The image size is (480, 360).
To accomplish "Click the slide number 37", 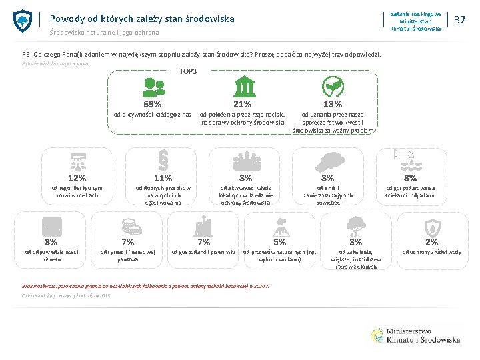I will click(459, 20).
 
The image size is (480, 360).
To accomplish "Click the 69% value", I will click(153, 104).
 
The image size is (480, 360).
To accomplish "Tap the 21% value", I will click(242, 104).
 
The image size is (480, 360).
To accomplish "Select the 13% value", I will click(332, 104).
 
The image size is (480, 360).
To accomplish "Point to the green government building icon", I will click(243, 87).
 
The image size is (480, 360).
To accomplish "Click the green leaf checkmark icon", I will click(332, 87).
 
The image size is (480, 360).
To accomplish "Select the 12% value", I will click(77, 178).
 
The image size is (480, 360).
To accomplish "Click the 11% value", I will click(163, 178).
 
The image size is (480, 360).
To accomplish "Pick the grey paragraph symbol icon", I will click(163, 160).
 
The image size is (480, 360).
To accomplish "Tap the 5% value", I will click(280, 242).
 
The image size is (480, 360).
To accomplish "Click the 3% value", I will click(357, 242).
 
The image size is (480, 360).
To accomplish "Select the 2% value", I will click(432, 242).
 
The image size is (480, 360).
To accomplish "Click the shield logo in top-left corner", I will click(23, 21).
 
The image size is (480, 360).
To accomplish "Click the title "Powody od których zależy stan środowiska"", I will click(141, 19).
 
